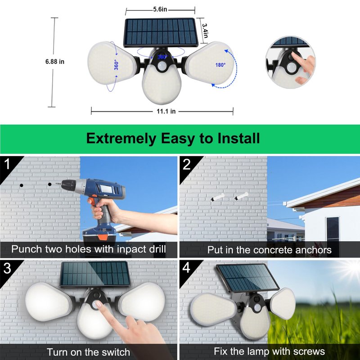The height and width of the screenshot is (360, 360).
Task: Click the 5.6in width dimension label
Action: (x=160, y=9)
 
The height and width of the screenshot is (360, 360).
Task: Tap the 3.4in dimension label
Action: (x=205, y=31)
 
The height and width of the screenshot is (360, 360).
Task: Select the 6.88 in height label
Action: (x=55, y=62)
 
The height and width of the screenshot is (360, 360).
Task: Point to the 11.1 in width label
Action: (x=166, y=111)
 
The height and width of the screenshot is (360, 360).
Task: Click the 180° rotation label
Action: (x=220, y=65)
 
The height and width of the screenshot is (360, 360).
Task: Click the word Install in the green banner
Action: (x=238, y=138)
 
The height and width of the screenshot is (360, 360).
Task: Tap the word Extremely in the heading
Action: (x=121, y=139)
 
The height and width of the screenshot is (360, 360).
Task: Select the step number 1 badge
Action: (x=7, y=164)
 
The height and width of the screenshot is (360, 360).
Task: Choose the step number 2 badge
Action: (x=187, y=164)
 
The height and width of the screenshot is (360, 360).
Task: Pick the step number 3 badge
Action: (x=7, y=268)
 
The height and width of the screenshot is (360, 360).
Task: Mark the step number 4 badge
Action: (x=186, y=268)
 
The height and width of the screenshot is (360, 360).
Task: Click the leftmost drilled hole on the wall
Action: (x=21, y=185)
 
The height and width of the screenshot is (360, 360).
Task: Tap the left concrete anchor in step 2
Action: (x=217, y=197)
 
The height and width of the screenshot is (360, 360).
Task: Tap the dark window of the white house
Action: (x=333, y=228)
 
